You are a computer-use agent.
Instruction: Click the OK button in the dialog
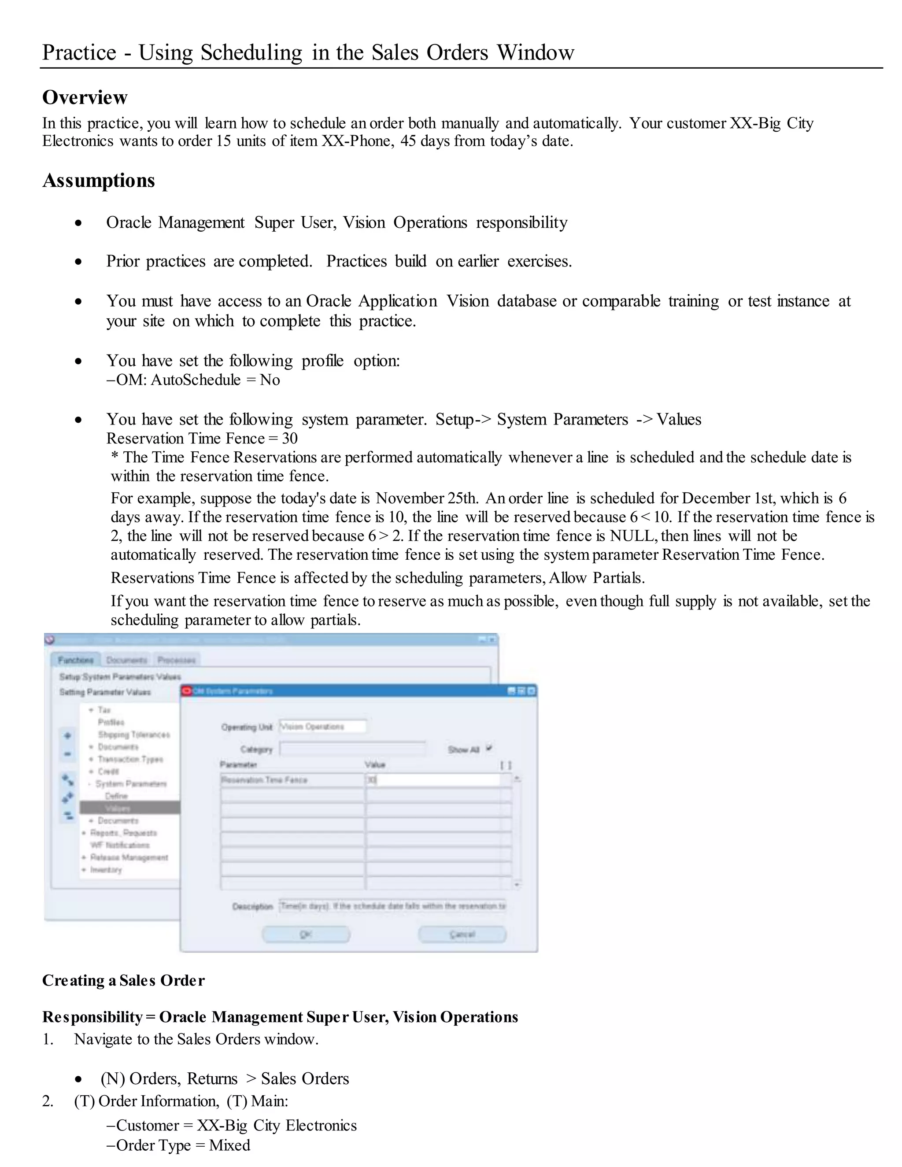tap(306, 934)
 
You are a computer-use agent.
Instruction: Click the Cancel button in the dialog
tap(462, 934)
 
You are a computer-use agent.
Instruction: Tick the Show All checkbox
tap(489, 749)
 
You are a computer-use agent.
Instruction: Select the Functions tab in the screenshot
tap(75, 661)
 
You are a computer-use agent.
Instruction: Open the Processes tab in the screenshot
tap(176, 661)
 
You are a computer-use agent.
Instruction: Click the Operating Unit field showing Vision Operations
tap(323, 727)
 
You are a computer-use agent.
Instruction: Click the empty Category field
tap(353, 749)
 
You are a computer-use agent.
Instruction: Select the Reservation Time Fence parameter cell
tap(292, 780)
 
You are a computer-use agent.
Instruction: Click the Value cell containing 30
tap(433, 780)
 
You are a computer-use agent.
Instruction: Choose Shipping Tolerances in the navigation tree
tap(133, 735)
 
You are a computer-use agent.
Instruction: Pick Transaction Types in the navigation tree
tap(130, 759)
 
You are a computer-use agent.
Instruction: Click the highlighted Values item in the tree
tap(117, 808)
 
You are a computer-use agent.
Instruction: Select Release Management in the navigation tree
tap(129, 857)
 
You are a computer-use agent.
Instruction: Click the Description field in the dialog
tap(392, 906)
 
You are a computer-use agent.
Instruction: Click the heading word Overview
tap(85, 97)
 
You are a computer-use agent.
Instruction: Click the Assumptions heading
tap(99, 181)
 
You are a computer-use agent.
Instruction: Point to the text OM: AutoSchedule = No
tap(198, 380)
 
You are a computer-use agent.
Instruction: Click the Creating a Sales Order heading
tap(123, 981)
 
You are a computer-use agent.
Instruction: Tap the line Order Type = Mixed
tap(183, 1145)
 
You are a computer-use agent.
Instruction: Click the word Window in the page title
tap(536, 52)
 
